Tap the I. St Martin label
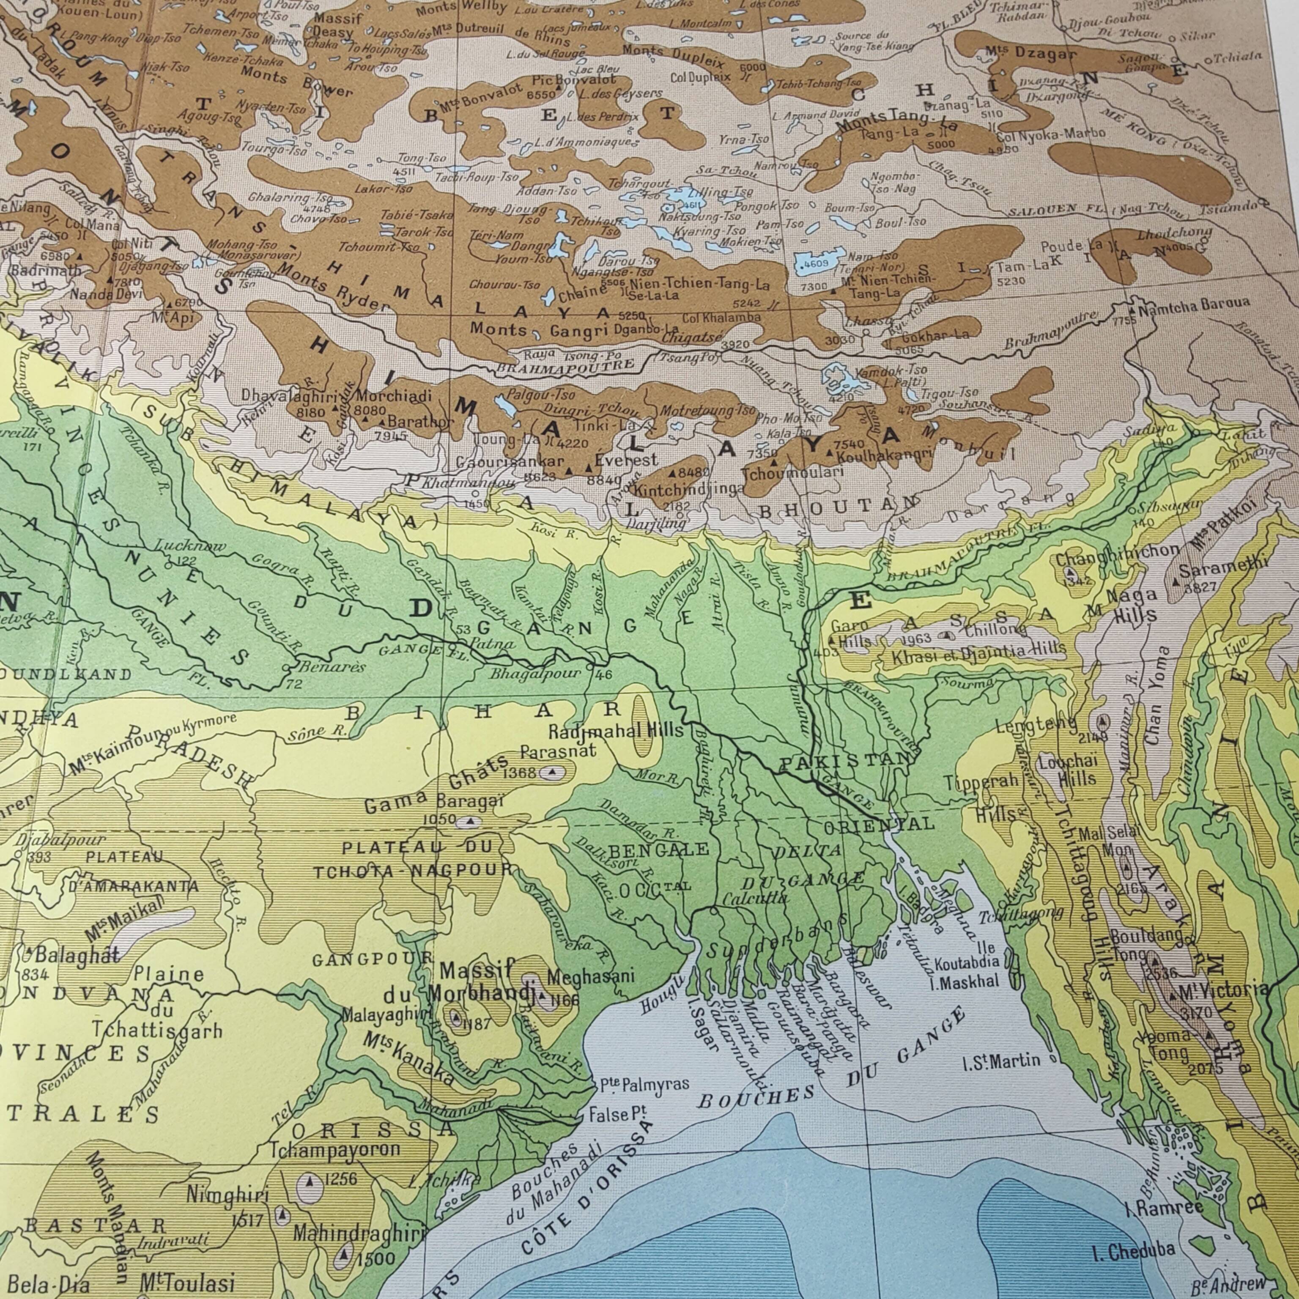(1001, 1062)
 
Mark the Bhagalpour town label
(535, 673)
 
